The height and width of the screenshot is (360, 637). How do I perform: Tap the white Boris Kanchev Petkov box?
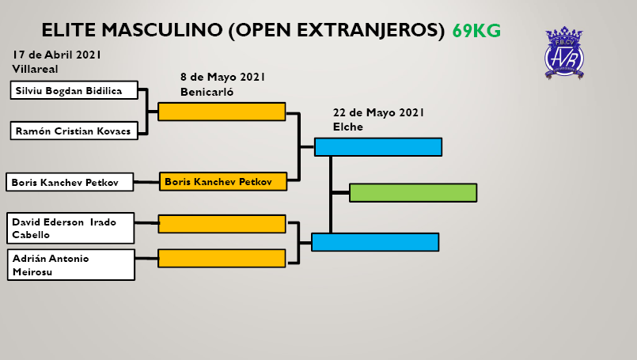[x=70, y=183]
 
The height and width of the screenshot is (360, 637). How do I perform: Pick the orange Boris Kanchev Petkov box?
[x=222, y=182]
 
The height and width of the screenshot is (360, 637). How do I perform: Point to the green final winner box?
[x=413, y=193]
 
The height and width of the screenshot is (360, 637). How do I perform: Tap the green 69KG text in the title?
[x=476, y=31]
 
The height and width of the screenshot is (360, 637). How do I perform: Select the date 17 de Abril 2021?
[x=56, y=55]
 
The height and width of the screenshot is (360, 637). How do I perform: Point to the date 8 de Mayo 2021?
[x=222, y=77]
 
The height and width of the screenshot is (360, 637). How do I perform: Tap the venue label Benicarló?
[x=207, y=91]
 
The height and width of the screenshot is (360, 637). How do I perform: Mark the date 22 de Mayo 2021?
[x=378, y=112]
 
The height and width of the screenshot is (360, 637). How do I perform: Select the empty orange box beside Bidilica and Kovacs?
[x=222, y=112]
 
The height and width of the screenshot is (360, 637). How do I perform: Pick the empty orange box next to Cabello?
[x=222, y=224]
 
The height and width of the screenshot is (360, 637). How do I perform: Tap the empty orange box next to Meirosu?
[x=222, y=258]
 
